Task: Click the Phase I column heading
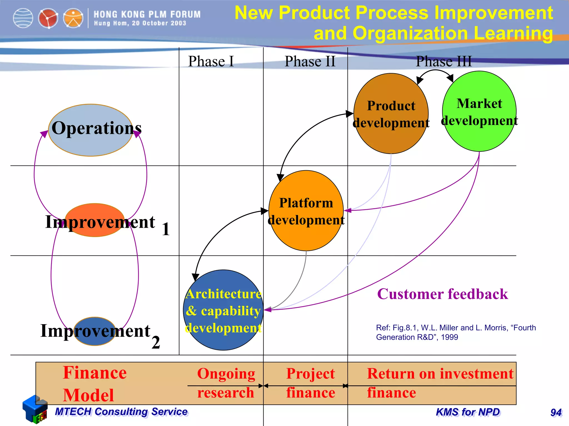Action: click(x=211, y=61)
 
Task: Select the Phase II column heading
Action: click(x=310, y=61)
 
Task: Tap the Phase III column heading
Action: click(x=444, y=61)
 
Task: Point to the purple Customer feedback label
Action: click(x=442, y=294)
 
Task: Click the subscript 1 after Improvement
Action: click(x=166, y=229)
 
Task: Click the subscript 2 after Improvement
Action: click(x=156, y=342)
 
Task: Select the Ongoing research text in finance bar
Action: click(x=226, y=383)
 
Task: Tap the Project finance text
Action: click(x=311, y=383)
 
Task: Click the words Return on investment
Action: click(x=440, y=374)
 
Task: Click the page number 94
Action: click(x=556, y=413)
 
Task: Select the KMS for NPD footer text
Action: click(x=468, y=412)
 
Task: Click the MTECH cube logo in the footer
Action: click(x=35, y=409)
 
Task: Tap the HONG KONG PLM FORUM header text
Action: click(x=147, y=14)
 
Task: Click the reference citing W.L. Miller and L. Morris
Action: click(x=456, y=332)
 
